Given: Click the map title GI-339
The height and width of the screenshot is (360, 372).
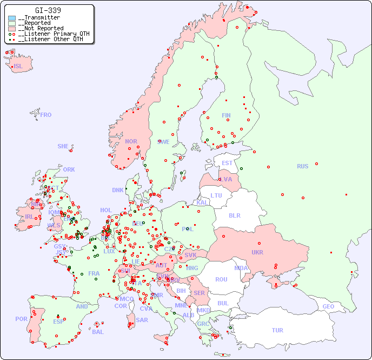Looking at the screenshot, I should (48, 10).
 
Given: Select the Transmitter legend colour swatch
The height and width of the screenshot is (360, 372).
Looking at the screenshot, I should (12, 18).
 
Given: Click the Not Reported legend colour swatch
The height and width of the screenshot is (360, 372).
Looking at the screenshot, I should (12, 28).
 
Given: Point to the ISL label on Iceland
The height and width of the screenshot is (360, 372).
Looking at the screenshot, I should (18, 67).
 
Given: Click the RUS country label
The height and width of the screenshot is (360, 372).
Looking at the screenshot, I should (302, 166).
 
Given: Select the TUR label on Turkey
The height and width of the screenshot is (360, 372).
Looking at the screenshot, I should (277, 330).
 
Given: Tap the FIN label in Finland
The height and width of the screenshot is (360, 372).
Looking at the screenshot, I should (226, 115).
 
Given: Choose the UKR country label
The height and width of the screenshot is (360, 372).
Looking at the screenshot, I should (257, 252).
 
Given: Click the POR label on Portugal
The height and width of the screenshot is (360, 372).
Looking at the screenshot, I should (21, 319).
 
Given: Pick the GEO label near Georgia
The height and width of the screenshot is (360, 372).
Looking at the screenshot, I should (328, 306).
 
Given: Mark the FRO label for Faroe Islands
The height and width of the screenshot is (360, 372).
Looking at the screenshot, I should (46, 115).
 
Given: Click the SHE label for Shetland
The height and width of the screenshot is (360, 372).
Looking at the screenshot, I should (63, 146).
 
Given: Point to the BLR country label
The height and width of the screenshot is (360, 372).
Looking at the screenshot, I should (235, 215).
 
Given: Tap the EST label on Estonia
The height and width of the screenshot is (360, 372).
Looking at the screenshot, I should (227, 163).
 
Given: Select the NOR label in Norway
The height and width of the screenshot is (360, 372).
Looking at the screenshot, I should (131, 141).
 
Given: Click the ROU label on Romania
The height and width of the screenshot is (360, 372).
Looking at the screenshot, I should (221, 279).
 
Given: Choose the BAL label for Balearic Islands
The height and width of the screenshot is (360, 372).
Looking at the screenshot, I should (98, 332).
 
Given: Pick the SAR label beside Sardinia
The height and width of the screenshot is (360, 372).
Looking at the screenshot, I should (142, 320).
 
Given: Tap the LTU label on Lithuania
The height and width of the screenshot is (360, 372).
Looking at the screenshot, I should (216, 195).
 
